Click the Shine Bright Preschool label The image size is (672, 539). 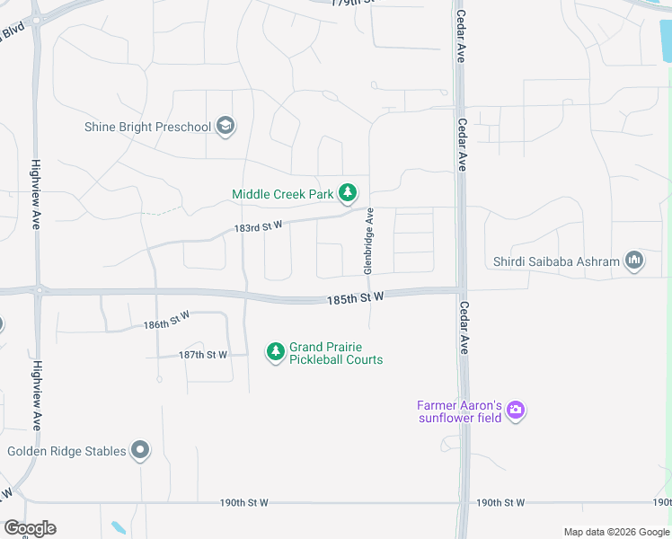click(x=147, y=127)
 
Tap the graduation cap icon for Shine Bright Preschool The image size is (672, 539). click(x=225, y=127)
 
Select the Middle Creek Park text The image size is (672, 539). click(x=282, y=194)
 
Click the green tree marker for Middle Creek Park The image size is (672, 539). click(x=348, y=193)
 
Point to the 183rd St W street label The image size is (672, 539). click(x=259, y=227)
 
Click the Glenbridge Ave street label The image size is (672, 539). click(x=368, y=241)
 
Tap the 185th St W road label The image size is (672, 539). click(x=357, y=296)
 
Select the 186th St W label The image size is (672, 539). click(x=166, y=320)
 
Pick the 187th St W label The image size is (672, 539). click(x=203, y=355)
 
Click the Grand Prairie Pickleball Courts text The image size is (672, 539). click(x=335, y=354)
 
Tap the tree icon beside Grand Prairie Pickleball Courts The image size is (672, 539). click(x=275, y=352)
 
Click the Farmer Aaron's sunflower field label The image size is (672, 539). click(x=458, y=411)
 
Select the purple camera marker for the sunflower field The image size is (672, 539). click(x=516, y=411)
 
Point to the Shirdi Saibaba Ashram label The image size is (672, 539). click(x=556, y=261)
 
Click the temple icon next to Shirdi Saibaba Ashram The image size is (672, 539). click(x=634, y=261)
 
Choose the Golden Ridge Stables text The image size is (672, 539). click(x=66, y=451)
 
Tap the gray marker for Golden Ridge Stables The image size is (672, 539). click(x=139, y=450)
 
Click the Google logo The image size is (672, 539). click(x=30, y=528)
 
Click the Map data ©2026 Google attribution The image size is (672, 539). click(x=616, y=532)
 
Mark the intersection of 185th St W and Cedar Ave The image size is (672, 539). click(x=461, y=289)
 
